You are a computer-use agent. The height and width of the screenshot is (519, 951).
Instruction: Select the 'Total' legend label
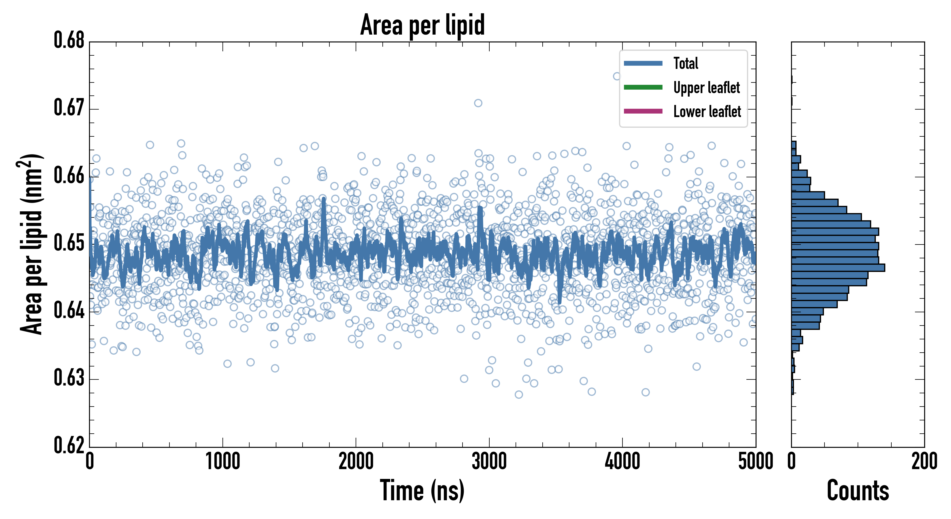[x=686, y=63]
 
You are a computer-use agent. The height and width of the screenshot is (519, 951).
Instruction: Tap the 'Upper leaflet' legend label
[x=706, y=88]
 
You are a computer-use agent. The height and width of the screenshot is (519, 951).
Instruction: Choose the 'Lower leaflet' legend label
[x=707, y=111]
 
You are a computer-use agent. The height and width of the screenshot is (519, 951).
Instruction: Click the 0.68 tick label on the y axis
[x=69, y=40]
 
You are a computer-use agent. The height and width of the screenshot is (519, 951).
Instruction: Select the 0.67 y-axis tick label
[x=69, y=108]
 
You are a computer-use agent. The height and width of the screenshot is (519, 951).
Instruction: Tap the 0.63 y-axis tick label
[x=69, y=378]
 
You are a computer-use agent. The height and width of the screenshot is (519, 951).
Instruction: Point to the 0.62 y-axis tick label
[x=69, y=445]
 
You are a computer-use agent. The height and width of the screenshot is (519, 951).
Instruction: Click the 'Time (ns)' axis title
[x=422, y=490]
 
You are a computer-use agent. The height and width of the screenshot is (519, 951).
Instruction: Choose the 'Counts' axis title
[x=858, y=490]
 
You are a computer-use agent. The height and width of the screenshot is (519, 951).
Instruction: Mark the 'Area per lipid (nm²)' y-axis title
[x=31, y=244]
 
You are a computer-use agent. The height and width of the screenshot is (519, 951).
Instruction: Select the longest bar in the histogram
[x=838, y=268]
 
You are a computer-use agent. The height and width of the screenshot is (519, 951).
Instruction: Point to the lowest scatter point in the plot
[x=519, y=394]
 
